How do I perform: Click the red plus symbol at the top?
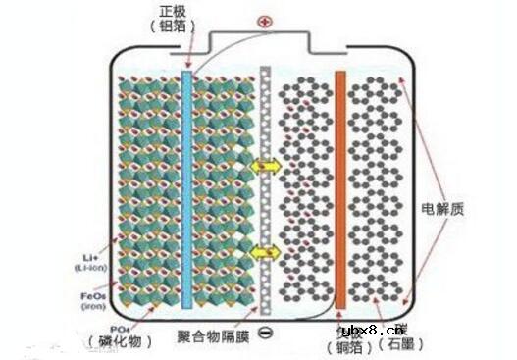[x=262, y=20]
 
